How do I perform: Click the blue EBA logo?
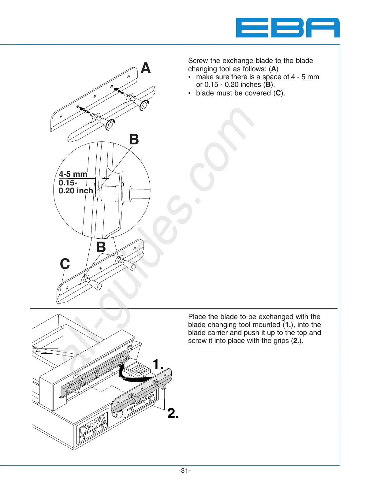[x=287, y=28]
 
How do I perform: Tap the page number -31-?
[x=185, y=471]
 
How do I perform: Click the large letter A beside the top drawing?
[x=146, y=68]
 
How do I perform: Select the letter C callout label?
[x=65, y=264]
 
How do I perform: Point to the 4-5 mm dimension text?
[x=73, y=174]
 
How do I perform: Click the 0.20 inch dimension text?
[x=76, y=191]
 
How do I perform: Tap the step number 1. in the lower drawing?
[x=158, y=364]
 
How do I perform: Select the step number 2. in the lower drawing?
[x=173, y=413]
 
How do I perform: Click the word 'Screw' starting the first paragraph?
[x=198, y=61]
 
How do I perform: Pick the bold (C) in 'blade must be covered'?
[x=278, y=93]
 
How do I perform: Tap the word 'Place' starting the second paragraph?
[x=197, y=317]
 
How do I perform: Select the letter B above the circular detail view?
[x=134, y=140]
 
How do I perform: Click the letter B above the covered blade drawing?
[x=101, y=247]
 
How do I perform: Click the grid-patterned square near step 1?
[x=139, y=369]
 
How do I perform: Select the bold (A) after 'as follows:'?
[x=274, y=69]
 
